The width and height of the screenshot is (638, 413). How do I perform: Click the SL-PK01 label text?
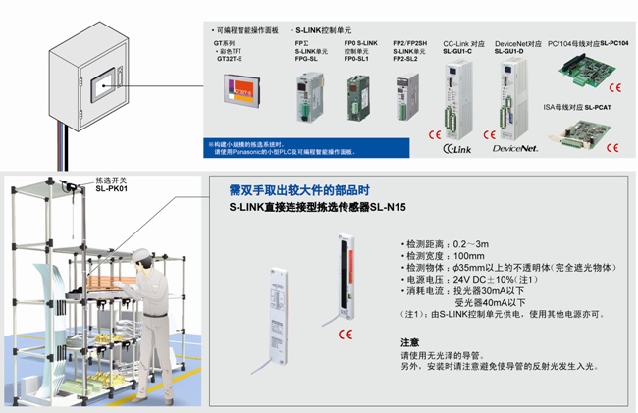point(112,189)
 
